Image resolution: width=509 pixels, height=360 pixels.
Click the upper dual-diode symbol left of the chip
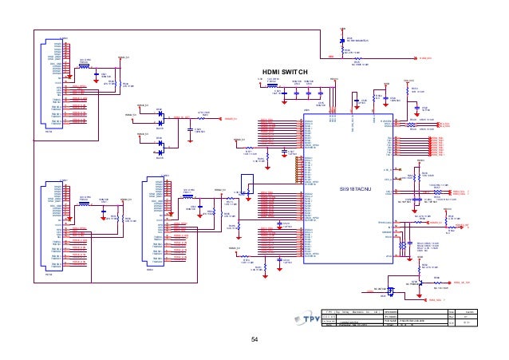160,116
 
